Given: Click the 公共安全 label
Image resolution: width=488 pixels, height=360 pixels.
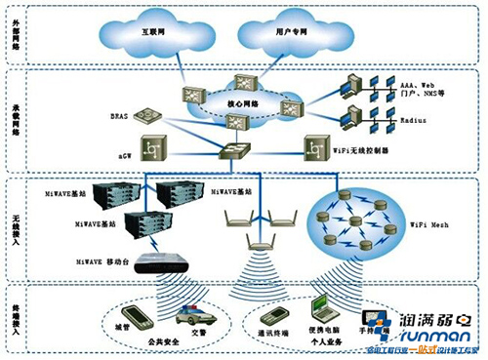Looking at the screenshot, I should pos(164,344).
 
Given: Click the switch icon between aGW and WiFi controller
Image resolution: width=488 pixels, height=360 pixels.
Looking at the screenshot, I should pos(235,150).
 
